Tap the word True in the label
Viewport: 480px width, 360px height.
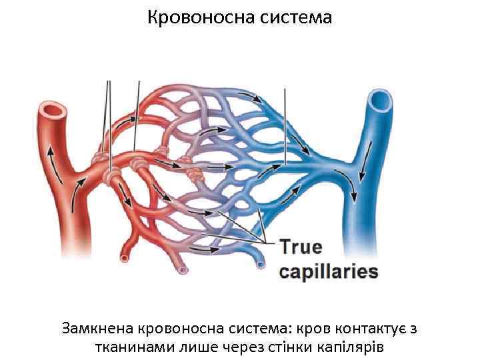pos(300,247)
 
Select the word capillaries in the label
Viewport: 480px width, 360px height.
pos(328,271)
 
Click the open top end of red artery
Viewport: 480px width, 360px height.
pos(53,108)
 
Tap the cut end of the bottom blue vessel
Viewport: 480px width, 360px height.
pos(260,265)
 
